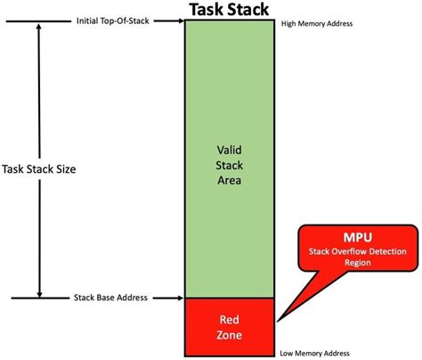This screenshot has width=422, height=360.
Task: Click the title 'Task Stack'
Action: [229, 10]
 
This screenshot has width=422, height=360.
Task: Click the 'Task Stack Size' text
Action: [50, 168]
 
